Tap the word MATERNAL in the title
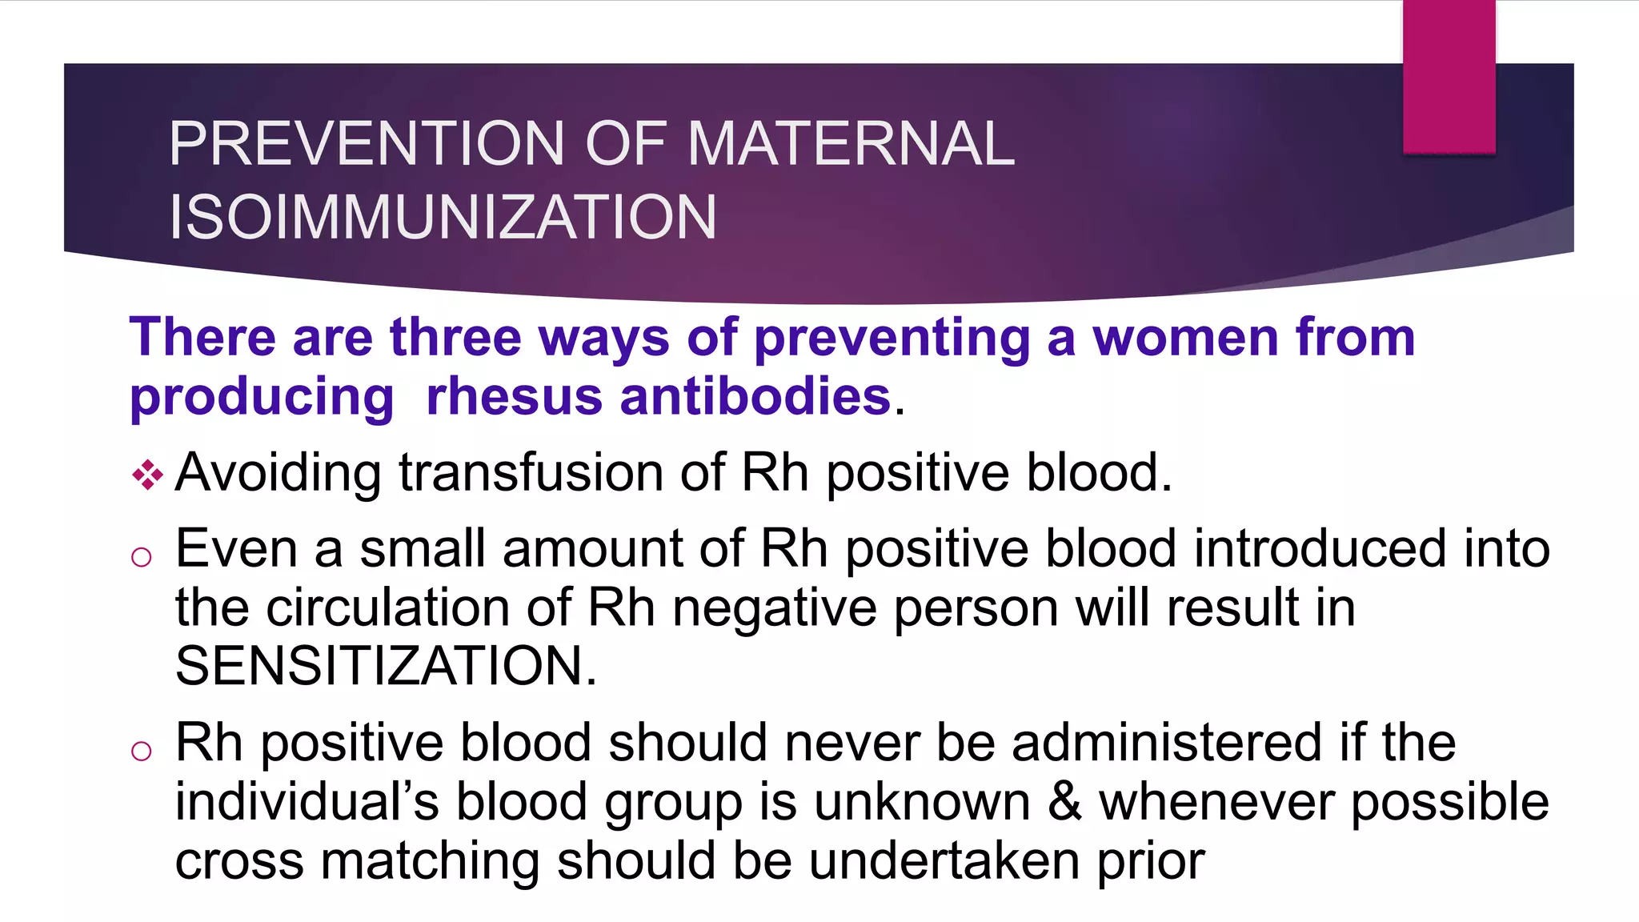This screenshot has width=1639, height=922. click(851, 144)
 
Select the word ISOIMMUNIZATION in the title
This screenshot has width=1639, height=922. click(442, 218)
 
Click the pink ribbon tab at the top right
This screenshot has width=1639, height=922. click(1449, 76)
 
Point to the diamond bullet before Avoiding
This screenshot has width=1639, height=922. click(147, 475)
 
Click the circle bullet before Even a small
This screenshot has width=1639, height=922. click(142, 557)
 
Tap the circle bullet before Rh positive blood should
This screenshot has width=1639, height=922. click(142, 751)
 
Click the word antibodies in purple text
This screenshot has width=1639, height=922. click(755, 396)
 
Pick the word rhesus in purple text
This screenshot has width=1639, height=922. click(514, 396)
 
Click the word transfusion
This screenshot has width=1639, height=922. click(531, 472)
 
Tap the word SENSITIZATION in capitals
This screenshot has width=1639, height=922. click(385, 666)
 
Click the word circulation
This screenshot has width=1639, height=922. click(387, 607)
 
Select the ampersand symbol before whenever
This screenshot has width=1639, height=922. click(1064, 802)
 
